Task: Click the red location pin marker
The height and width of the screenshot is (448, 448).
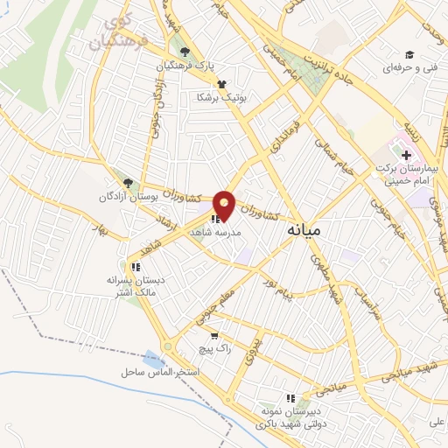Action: pos(225,205)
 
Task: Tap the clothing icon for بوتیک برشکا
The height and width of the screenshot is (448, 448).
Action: pos(221,84)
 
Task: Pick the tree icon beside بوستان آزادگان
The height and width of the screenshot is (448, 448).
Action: pos(129,183)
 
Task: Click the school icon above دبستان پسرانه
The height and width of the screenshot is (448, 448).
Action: pos(135,266)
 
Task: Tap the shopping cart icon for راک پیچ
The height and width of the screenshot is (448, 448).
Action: pos(213,335)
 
